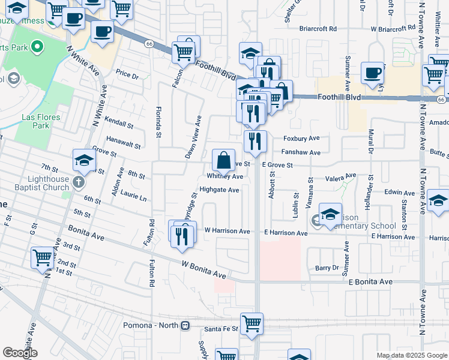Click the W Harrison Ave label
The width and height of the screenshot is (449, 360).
227,230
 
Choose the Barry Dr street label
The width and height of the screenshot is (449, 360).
327,268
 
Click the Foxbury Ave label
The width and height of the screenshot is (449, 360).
301,139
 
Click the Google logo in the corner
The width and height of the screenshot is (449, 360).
20,353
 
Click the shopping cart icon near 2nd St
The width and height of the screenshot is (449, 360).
43,258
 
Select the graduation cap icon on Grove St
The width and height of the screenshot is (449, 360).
85,160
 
